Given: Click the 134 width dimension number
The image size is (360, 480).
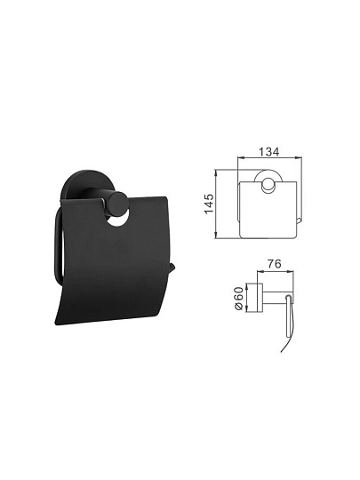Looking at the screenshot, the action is (269, 151).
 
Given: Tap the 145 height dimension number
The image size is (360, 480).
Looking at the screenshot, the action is (210, 204).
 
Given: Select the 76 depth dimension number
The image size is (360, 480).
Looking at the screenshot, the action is (274, 264).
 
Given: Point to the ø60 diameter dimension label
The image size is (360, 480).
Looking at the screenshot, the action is (239, 298).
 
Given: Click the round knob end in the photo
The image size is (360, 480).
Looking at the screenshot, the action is (117, 201).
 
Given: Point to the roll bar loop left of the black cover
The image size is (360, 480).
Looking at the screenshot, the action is (58, 245).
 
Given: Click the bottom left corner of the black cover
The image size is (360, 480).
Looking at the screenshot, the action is (56, 324).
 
